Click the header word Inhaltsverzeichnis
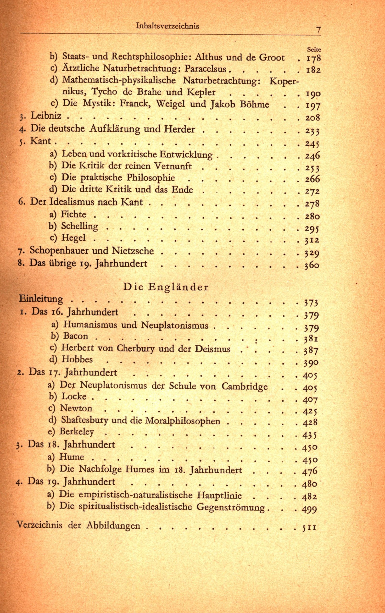tap(167, 26)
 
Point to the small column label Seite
tap(314, 49)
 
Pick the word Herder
tap(179, 129)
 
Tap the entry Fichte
tap(74, 214)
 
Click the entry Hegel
tap(74, 238)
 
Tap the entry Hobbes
tap(77, 359)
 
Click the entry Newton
tap(76, 409)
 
